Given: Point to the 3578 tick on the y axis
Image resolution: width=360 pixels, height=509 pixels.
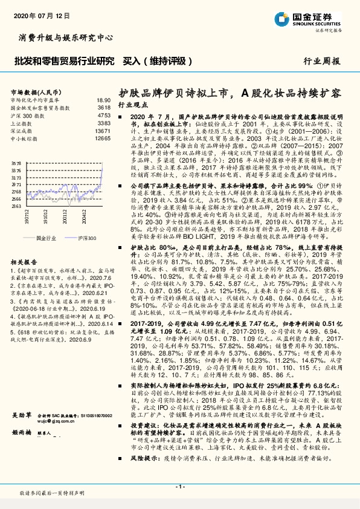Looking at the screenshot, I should (16, 163).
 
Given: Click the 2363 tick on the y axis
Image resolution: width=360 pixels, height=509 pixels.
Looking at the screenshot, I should (16, 206).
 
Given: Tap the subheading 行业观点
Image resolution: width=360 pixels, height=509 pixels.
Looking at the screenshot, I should (132, 105).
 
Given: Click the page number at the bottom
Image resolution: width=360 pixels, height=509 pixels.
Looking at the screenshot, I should (179, 486).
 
